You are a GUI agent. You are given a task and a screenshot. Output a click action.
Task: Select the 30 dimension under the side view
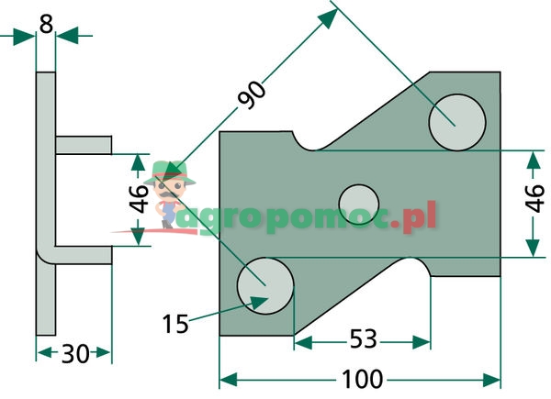(x=74, y=353)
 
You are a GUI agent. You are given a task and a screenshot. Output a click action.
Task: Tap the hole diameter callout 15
(x=175, y=322)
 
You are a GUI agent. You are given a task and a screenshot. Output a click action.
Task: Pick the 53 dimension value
(x=363, y=340)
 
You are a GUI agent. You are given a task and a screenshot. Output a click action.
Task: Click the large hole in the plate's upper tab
(x=456, y=120)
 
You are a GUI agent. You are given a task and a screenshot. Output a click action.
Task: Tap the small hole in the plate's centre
(x=358, y=201)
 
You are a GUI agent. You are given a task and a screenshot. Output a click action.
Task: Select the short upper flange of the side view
(x=84, y=145)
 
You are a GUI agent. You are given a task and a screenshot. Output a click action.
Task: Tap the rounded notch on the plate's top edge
(x=306, y=141)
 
